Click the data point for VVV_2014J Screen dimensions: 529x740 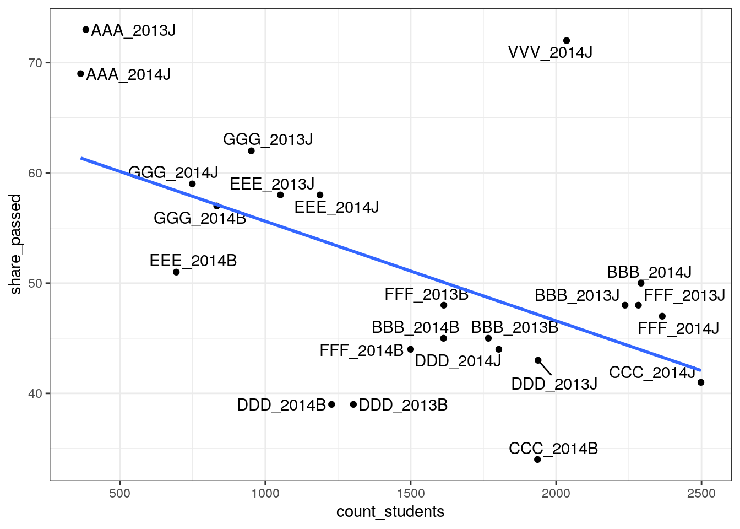pos(567,41)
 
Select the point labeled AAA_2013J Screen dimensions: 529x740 pos(86,30)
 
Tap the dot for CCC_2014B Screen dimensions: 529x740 pos(537,460)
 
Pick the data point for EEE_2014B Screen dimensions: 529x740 pos(176,272)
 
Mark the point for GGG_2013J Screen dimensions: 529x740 pos(252,151)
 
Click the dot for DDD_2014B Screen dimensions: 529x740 pos(331,404)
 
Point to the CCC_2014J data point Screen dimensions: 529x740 pos(701,382)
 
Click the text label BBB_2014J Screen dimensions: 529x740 pos(649,272)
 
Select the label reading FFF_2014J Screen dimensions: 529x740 pos(678,329)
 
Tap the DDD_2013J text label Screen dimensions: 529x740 pos(554,384)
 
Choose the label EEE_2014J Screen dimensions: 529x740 pos(336,208)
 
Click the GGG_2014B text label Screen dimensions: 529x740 pos(200,218)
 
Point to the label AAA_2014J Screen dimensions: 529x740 pos(128,74)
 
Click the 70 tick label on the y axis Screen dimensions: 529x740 pos(35,63)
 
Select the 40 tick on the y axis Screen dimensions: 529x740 pos(35,393)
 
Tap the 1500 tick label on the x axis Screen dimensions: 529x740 pos(411,493)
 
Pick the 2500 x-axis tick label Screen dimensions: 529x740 pos(701,493)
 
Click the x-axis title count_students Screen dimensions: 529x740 pos(390,512)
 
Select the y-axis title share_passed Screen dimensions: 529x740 pos(15,244)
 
